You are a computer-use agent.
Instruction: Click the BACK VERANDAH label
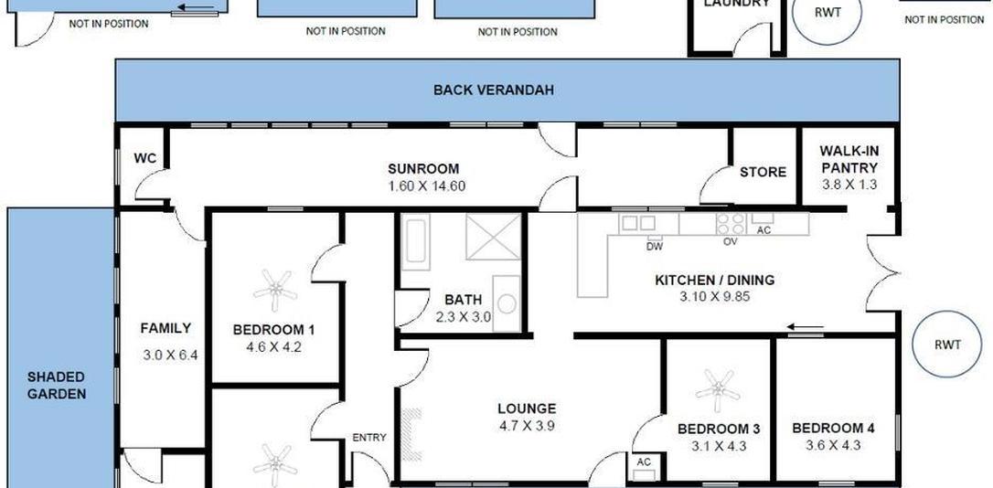(494, 90)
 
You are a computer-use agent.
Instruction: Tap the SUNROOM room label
(423, 169)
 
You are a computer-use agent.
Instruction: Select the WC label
(145, 158)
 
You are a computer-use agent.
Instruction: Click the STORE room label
(763, 172)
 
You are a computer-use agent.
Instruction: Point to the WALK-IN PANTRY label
(849, 160)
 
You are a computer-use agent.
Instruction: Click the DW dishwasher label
(654, 247)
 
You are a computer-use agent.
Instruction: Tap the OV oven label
(731, 242)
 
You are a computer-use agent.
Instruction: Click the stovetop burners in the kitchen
(731, 223)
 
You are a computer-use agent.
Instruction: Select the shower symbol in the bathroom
(494, 237)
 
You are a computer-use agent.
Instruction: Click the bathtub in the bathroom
(417, 240)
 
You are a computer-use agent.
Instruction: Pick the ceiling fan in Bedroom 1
(275, 292)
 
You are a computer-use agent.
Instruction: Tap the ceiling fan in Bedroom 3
(718, 390)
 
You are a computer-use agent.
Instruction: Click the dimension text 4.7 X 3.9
(527, 426)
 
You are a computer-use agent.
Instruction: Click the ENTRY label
(369, 438)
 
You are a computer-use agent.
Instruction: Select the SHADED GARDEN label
(57, 386)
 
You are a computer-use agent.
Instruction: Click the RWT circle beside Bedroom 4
(946, 345)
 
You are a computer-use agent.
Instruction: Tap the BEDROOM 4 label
(833, 429)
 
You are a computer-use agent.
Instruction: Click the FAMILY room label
(165, 328)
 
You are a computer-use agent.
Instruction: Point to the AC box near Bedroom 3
(645, 467)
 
